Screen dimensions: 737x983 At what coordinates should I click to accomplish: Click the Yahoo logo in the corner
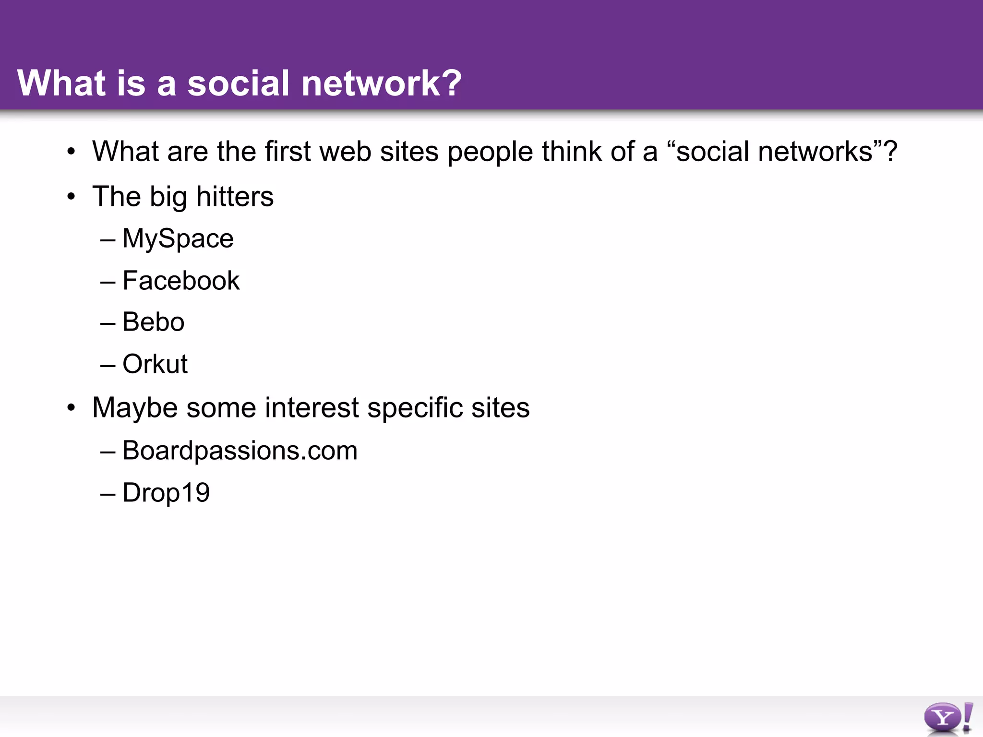pos(948,718)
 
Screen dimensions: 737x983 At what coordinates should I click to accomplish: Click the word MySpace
pos(178,238)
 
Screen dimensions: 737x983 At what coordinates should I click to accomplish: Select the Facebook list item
pos(181,281)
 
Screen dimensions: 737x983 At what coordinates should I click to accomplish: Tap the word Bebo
pos(153,322)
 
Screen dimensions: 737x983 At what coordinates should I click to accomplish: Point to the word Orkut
pos(155,364)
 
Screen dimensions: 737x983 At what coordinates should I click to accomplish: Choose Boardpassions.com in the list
pos(240,451)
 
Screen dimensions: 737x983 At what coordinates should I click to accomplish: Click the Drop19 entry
pos(166,493)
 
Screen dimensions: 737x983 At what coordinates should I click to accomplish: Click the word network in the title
pos(367,83)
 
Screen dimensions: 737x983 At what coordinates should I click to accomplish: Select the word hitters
pos(235,197)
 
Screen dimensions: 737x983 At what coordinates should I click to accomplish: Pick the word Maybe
pos(135,408)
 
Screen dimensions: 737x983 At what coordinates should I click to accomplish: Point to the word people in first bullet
pos(490,152)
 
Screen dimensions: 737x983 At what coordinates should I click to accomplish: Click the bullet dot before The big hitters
pos(72,197)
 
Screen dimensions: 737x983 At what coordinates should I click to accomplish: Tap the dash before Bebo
pos(108,323)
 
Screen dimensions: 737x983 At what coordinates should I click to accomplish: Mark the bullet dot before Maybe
pos(72,408)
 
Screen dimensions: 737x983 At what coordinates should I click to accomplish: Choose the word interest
pos(312,408)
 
